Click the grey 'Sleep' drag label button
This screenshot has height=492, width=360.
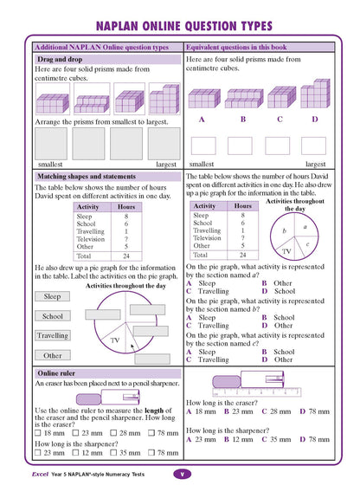52,296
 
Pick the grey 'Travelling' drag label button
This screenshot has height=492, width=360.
52,335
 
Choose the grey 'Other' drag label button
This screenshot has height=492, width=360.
52,355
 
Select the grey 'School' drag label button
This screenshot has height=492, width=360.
52,316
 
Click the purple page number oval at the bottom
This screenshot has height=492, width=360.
181,474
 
